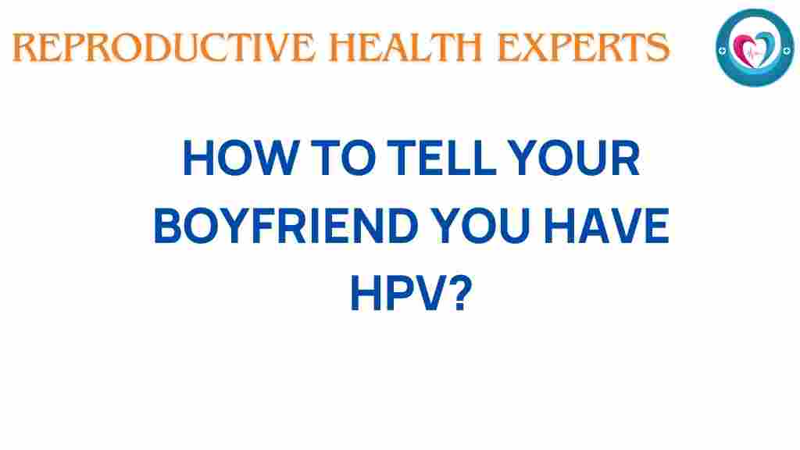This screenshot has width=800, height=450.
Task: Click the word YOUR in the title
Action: (x=574, y=158)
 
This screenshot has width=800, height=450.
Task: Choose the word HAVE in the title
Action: (x=606, y=226)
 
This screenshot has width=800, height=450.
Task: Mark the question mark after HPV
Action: (x=460, y=293)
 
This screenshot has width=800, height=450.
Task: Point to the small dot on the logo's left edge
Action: (x=722, y=51)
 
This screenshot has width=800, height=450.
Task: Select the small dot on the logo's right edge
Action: (x=787, y=50)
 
